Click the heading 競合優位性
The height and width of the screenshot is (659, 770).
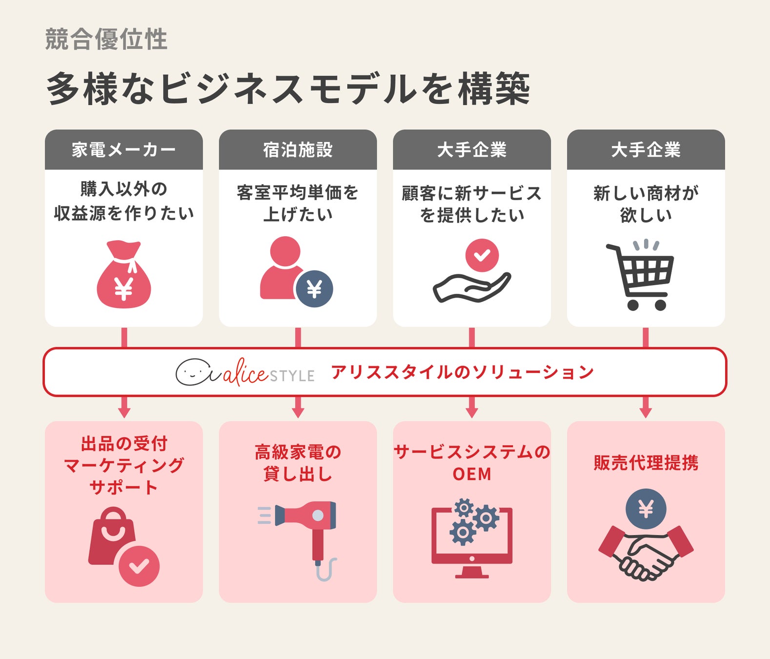pyautogui.click(x=106, y=40)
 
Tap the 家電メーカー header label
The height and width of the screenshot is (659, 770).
pyautogui.click(x=123, y=150)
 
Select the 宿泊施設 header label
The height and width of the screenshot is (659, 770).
pyautogui.click(x=298, y=150)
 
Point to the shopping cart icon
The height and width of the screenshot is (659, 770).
pyautogui.click(x=641, y=276)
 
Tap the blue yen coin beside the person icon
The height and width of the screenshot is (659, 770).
pyautogui.click(x=314, y=289)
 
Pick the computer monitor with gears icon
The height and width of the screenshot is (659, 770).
pyautogui.click(x=472, y=539)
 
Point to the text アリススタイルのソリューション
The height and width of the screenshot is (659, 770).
pyautogui.click(x=462, y=372)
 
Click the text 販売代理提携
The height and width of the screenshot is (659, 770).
pyautogui.click(x=646, y=463)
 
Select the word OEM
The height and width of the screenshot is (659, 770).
pyautogui.click(x=472, y=474)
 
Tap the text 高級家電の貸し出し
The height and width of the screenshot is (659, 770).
pyautogui.click(x=298, y=463)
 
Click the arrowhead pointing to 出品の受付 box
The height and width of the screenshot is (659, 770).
pyautogui.click(x=124, y=412)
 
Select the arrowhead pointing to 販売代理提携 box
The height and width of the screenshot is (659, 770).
pyautogui.click(x=646, y=412)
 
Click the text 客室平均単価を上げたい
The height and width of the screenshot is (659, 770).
pyautogui.click(x=298, y=203)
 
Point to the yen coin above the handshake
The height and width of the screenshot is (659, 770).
pyautogui.click(x=646, y=509)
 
